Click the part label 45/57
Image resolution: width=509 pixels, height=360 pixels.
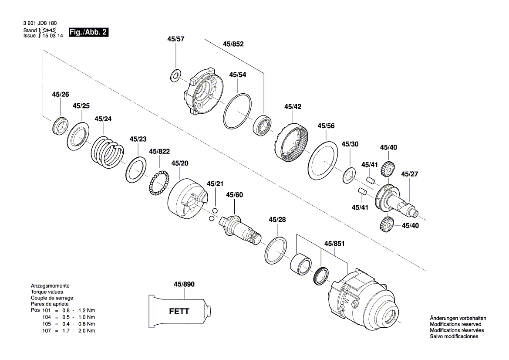[x=175, y=39]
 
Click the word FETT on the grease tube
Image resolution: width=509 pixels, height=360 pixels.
[x=179, y=312]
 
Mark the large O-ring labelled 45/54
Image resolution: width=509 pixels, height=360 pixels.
[x=238, y=112]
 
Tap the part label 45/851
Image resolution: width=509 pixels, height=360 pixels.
[x=334, y=244]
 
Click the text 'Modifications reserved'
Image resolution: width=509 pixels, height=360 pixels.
[x=455, y=324]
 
